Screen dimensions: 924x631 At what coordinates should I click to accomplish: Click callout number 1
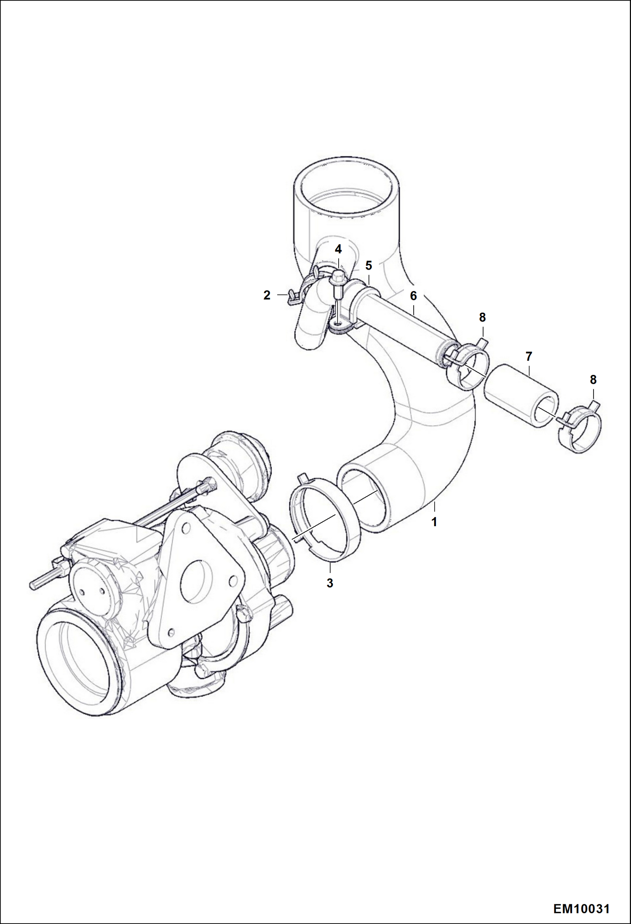click(434, 522)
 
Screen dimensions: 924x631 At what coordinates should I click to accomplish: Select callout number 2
click(267, 295)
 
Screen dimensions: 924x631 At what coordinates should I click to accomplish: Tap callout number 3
click(330, 583)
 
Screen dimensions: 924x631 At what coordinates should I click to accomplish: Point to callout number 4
click(338, 249)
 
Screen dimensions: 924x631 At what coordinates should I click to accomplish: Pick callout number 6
click(413, 296)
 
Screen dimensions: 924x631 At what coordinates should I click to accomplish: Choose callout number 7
click(529, 356)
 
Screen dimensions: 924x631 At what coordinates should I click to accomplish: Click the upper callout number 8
click(482, 317)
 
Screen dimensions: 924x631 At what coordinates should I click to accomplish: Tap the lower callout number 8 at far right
click(593, 380)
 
